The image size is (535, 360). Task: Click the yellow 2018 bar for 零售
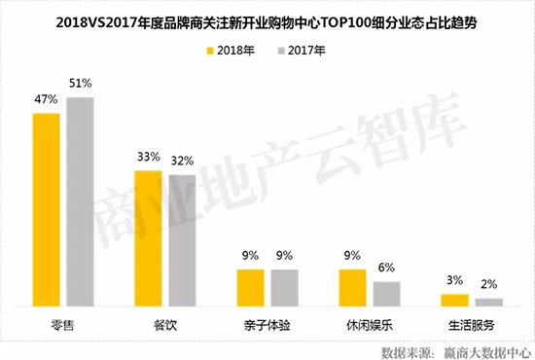click(x=48, y=209)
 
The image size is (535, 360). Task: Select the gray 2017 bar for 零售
click(x=80, y=201)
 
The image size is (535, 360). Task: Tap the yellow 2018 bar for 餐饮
click(x=149, y=238)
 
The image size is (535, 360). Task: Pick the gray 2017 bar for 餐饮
click(x=181, y=240)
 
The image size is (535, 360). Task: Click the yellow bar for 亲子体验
click(x=250, y=287)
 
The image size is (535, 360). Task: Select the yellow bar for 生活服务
click(x=454, y=300)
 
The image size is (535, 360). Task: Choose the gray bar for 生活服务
click(x=489, y=302)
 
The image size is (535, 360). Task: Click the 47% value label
click(x=45, y=101)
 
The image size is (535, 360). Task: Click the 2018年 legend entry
click(x=238, y=51)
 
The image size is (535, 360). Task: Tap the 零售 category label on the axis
click(x=64, y=325)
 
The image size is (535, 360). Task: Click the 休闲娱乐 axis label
click(x=370, y=325)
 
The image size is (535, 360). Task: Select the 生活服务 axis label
click(x=472, y=325)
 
